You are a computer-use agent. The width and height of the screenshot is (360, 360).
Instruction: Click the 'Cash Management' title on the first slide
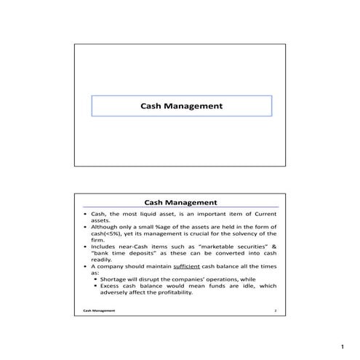pyautogui.click(x=180, y=106)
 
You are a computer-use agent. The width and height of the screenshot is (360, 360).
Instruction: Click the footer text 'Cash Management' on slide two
pyautogui.click(x=98, y=310)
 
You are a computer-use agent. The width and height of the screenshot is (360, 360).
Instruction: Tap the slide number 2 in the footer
pyautogui.click(x=276, y=310)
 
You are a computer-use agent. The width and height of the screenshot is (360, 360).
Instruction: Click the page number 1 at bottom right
pyautogui.click(x=342, y=348)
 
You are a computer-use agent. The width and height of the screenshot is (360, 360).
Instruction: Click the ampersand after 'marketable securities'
pyautogui.click(x=274, y=246)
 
